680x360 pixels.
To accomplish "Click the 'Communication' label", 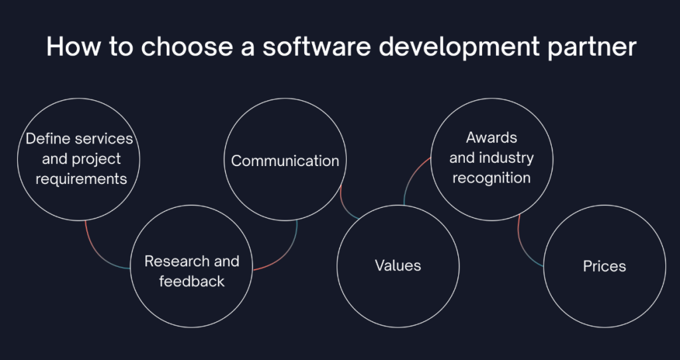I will [285, 161].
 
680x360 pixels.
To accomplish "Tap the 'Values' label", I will [398, 266].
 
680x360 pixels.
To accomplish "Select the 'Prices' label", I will [604, 266].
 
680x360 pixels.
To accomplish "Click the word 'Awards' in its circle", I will [491, 138].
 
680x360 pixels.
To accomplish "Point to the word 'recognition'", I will [491, 178].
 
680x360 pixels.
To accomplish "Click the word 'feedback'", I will [192, 281].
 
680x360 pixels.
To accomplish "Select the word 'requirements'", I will [81, 178].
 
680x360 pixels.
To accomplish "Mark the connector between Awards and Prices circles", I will [525, 246].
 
